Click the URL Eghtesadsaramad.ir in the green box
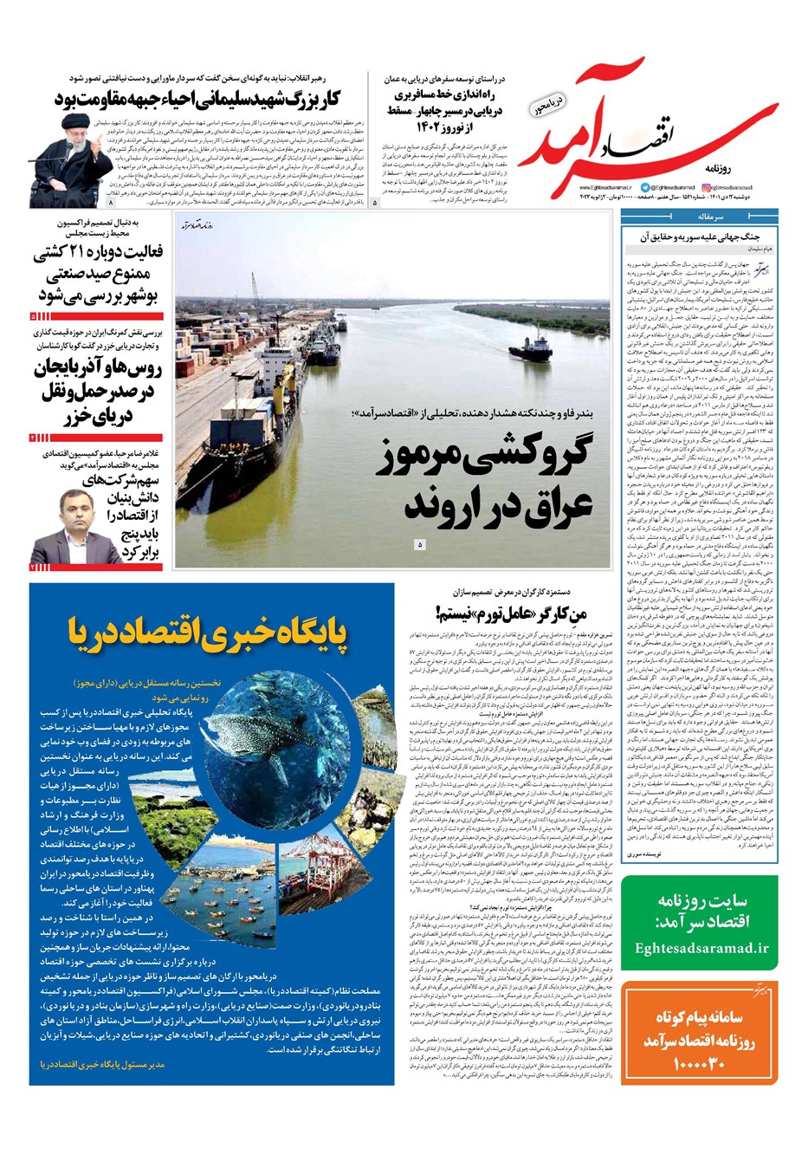click(x=701, y=947)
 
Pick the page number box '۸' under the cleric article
click(x=111, y=202)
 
